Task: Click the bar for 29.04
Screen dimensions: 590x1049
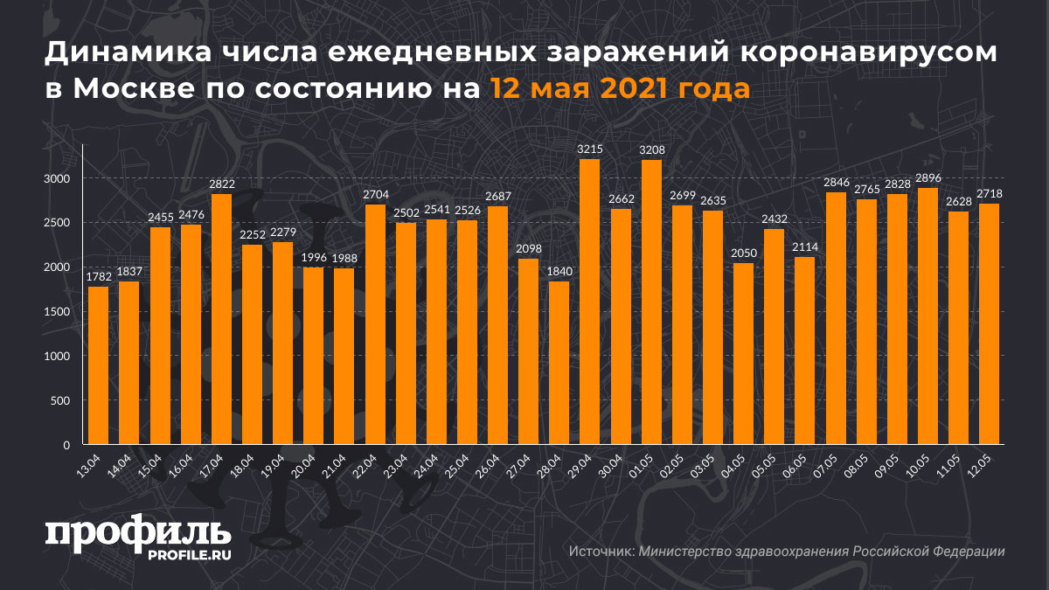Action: pyautogui.click(x=590, y=302)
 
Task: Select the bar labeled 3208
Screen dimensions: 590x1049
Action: pyautogui.click(x=651, y=302)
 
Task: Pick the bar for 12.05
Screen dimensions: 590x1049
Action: pyautogui.click(x=989, y=324)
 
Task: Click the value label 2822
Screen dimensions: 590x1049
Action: pyautogui.click(x=221, y=184)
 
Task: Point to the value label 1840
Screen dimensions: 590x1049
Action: pyautogui.click(x=559, y=271)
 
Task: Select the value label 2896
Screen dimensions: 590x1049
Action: pyautogui.click(x=927, y=177)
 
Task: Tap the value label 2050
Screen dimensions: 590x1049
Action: pyautogui.click(x=743, y=253)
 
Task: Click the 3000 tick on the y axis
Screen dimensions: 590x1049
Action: pyautogui.click(x=55, y=178)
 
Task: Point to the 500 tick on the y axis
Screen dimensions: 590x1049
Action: pyautogui.click(x=59, y=401)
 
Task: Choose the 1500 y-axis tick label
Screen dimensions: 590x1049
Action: pyautogui.click(x=55, y=312)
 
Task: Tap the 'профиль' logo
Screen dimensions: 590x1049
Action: pyautogui.click(x=138, y=534)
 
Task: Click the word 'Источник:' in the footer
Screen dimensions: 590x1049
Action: pyautogui.click(x=601, y=552)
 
